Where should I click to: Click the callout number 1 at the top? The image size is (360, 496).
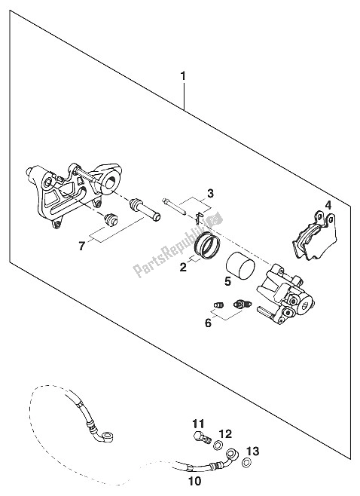[x=183, y=77]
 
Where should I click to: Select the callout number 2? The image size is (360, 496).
[x=183, y=268]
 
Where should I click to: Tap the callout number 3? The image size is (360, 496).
[x=210, y=194]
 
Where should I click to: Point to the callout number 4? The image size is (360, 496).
[x=328, y=206]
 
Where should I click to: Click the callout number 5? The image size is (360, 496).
[x=228, y=281]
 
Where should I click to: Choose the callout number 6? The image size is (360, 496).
[x=208, y=323]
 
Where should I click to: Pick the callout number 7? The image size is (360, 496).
[x=82, y=246]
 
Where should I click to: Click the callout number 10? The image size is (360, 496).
[x=194, y=481]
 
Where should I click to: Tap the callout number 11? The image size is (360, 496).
[x=198, y=423]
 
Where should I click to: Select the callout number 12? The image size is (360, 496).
[x=225, y=433]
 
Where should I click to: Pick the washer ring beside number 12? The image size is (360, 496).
[x=218, y=446]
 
